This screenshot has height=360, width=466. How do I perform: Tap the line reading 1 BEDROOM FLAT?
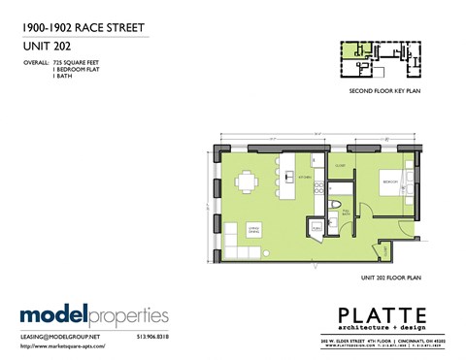coord(77,69)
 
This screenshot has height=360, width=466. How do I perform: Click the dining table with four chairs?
coord(248,180)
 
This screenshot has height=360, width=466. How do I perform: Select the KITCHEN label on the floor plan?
coord(304,178)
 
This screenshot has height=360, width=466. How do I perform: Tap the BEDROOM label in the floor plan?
coord(389,181)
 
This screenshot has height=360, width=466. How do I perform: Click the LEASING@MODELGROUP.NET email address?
coord(60,336)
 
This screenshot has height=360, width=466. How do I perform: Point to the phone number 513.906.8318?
coord(150,336)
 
